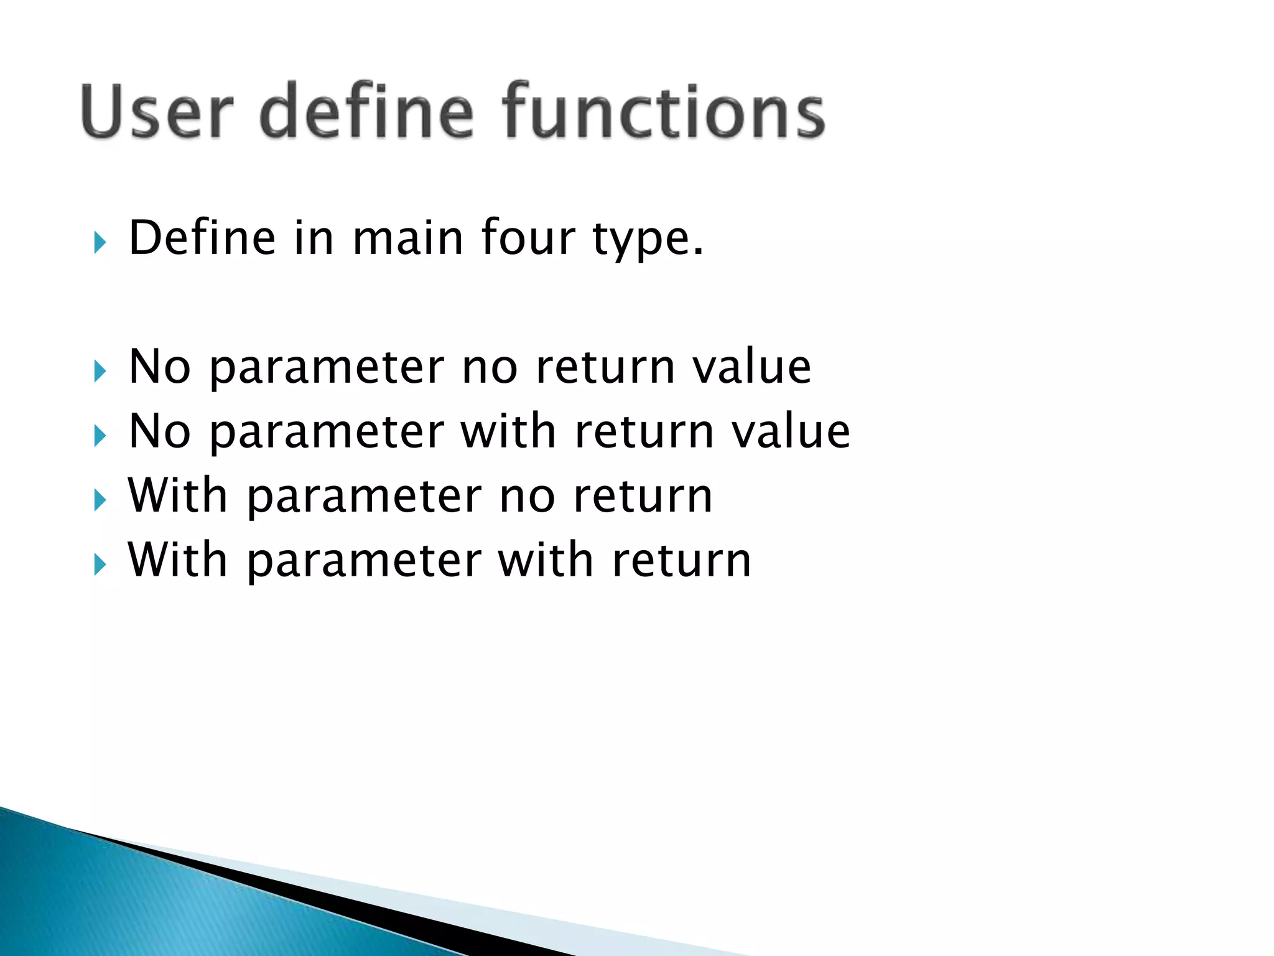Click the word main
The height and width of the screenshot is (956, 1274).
[407, 238]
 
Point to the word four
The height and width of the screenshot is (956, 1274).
[528, 238]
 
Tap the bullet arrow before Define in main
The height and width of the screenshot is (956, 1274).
[100, 242]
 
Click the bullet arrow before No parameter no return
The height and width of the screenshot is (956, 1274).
[100, 372]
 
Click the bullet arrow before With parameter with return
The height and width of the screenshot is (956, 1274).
[100, 565]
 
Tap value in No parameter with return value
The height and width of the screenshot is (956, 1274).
[790, 432]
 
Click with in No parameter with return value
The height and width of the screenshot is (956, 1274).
[508, 431]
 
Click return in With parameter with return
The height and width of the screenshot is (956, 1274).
[681, 561]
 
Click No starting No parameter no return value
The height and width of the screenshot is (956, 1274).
[159, 367]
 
